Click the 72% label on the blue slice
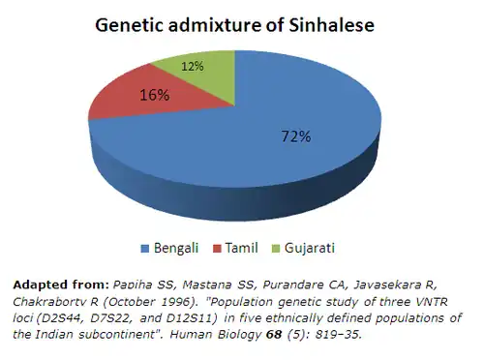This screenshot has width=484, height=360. [x=296, y=136]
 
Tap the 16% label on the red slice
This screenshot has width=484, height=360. [x=154, y=95]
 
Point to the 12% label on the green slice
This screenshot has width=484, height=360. [x=193, y=67]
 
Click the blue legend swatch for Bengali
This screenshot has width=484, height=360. [x=145, y=249]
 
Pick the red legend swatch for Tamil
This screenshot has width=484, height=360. [x=217, y=249]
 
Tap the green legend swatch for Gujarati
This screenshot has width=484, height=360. [x=276, y=249]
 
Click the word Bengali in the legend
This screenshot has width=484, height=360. [x=176, y=249]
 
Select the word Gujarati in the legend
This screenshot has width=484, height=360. [x=310, y=249]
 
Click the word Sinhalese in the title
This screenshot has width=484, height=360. [x=331, y=25]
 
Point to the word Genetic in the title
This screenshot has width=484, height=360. [x=129, y=25]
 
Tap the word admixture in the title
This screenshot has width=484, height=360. [x=215, y=25]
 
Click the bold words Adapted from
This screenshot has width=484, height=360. [x=61, y=285]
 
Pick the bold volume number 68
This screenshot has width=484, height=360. [x=274, y=335]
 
